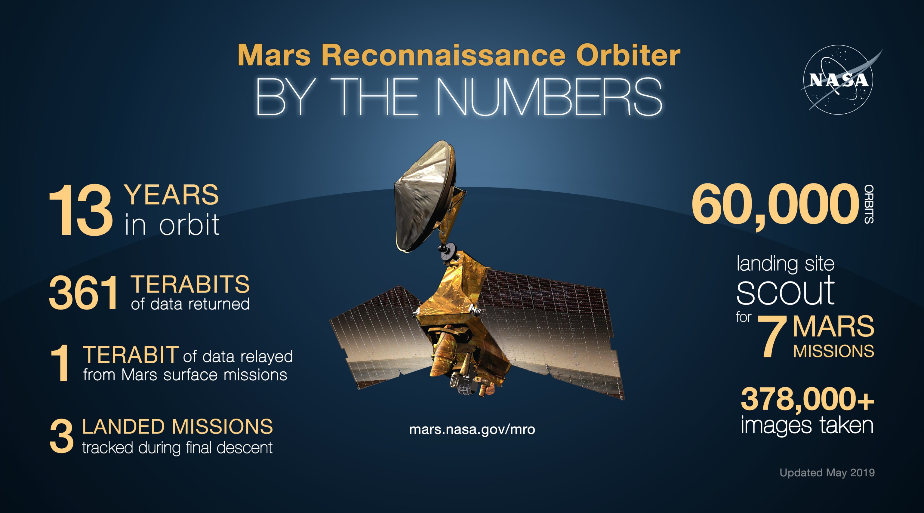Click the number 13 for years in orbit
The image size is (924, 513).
[81, 210]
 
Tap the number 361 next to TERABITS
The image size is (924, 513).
[83, 293]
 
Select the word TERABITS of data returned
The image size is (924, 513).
[190, 285]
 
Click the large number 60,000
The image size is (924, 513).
[775, 205]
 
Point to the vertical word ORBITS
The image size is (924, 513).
[869, 204]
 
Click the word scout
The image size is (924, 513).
[786, 291]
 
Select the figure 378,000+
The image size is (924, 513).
[807, 399]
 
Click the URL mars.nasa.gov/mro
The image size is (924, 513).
[472, 429]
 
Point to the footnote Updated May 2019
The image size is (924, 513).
[827, 472]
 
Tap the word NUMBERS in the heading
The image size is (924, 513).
[549, 97]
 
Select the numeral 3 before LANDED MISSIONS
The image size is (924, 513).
[61, 437]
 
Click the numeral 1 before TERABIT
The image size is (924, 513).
[60, 363]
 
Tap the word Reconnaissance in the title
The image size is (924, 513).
[443, 56]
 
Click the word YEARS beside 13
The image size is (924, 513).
[171, 195]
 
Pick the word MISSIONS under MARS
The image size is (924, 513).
[833, 351]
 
